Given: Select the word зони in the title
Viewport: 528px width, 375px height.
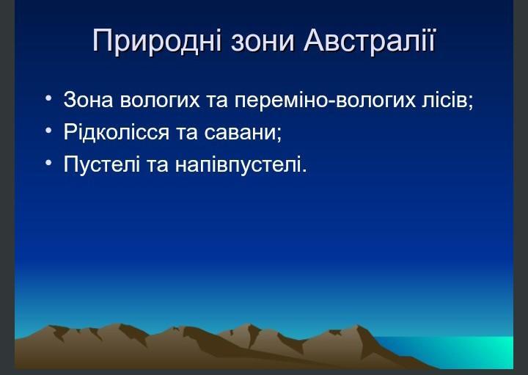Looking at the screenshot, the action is point(263,41).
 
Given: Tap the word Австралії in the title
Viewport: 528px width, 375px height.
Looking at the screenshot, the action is point(370,40).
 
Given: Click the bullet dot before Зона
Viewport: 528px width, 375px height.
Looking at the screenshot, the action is point(48,98).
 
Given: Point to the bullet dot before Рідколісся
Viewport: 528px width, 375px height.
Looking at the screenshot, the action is point(48,130).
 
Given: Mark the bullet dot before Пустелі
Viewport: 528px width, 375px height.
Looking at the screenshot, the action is point(48,163).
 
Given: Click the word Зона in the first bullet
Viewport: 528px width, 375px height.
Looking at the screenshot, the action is point(88,100).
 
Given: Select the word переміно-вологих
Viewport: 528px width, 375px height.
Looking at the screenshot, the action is point(325,101).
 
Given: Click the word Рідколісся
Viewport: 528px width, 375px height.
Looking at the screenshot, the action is point(116,132).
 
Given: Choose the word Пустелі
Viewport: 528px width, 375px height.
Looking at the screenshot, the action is point(102,164).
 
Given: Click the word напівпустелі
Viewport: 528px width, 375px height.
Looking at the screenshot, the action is point(238,165).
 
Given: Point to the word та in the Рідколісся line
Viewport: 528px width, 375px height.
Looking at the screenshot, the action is point(186,132).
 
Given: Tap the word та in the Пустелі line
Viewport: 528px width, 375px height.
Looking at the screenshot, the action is point(158,165).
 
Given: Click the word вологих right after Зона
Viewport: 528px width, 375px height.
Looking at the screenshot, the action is point(160,101).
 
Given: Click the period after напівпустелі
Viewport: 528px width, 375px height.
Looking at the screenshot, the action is point(304,171).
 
